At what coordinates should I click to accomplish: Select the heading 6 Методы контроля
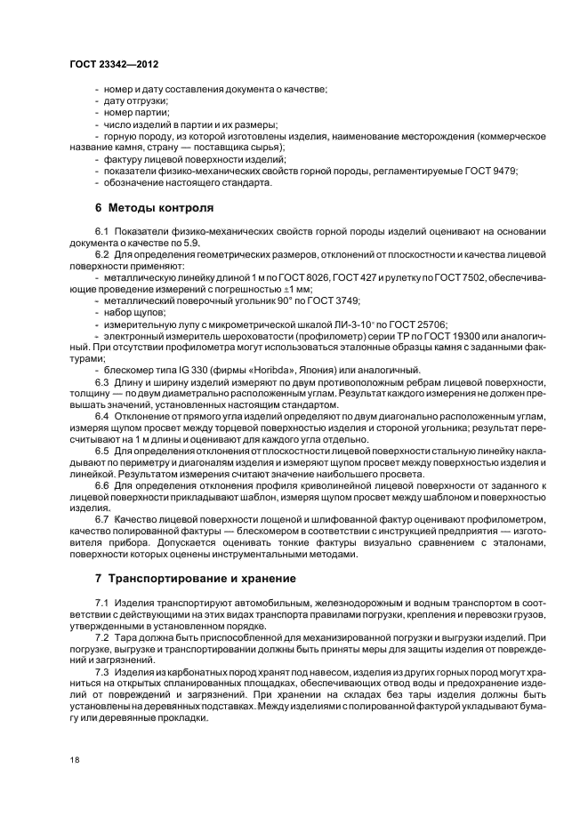pos(154,208)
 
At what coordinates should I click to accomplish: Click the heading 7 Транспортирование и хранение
pos(196,578)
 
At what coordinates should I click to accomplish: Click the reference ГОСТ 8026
pos(309,278)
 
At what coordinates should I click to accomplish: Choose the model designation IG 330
pos(169,371)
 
